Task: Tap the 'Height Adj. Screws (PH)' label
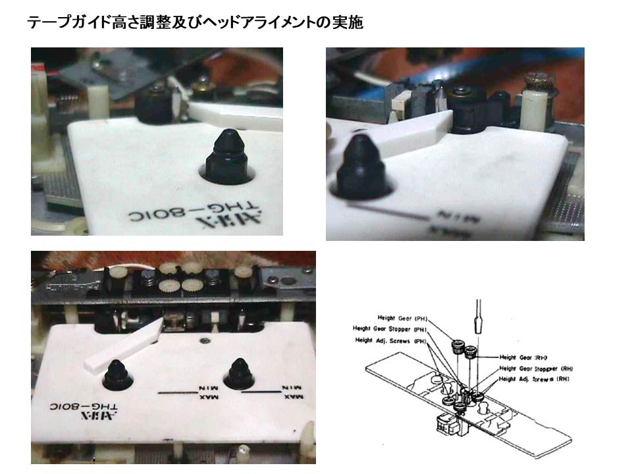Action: point(390,340)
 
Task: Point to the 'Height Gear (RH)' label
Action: point(525,356)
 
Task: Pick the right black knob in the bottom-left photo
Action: point(239,374)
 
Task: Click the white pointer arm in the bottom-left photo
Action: point(125,346)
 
